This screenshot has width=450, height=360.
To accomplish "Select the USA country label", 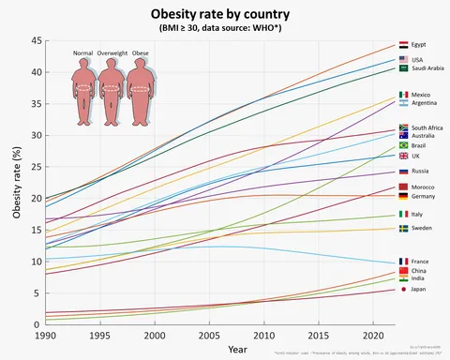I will tap(418, 59).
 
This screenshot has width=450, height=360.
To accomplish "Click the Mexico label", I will tap(421, 95).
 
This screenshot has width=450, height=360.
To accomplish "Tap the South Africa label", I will tap(428, 127).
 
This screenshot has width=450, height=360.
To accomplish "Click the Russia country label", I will tap(421, 172).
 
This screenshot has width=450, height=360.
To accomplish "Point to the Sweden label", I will tap(422, 228).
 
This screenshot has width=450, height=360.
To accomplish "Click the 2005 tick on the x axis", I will tap(207, 335).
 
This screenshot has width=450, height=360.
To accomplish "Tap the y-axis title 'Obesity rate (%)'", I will tap(16, 183).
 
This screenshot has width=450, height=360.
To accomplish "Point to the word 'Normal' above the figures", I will tap(84, 53).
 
